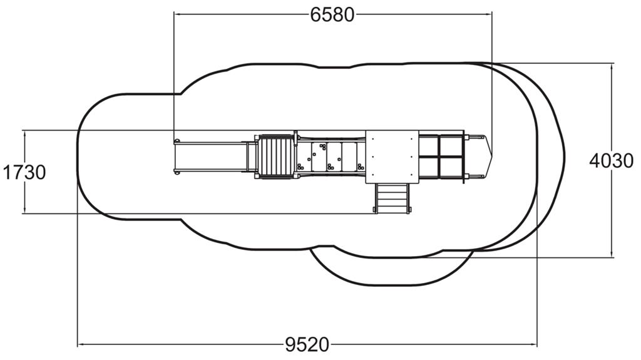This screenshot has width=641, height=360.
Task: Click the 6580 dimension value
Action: (332, 15)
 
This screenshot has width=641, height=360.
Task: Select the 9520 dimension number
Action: (307, 345)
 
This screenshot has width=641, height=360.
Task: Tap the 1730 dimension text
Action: (24, 172)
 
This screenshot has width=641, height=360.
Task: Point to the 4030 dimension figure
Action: (612, 161)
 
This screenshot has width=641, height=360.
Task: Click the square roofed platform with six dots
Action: (392, 157)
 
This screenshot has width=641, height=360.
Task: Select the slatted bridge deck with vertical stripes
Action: (276, 157)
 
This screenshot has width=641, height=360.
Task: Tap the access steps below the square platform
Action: (392, 198)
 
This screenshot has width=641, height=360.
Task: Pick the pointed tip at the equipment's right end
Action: (492, 157)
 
